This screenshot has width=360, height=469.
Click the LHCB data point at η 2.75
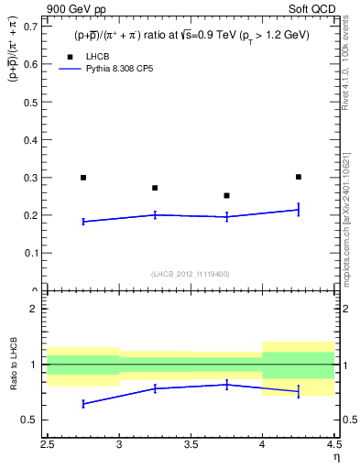pyautogui.click(x=83, y=178)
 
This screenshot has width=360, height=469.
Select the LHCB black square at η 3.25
pyautogui.click(x=155, y=188)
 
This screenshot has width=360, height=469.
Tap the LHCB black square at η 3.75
pyautogui.click(x=226, y=195)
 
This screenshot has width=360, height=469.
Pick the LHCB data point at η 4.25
pyautogui.click(x=299, y=177)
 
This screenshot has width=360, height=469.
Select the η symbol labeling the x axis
pyautogui.click(x=335, y=458)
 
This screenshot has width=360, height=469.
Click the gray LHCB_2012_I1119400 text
pyautogui.click(x=191, y=274)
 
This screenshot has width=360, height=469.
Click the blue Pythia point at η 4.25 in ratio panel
pyautogui.click(x=299, y=391)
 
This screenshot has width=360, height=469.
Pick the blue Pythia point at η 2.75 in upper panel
pyautogui.click(x=83, y=222)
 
